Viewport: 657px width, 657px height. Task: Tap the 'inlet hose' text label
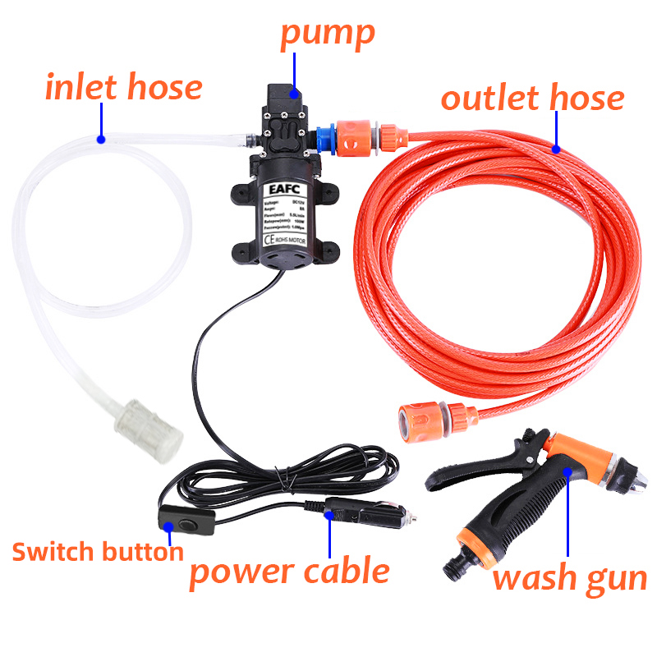[123, 87]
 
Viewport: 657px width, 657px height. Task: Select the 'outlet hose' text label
[532, 99]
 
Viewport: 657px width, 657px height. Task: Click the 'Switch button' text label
[97, 551]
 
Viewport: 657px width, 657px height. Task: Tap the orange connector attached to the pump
[356, 137]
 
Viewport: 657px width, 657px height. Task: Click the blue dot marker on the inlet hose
[101, 139]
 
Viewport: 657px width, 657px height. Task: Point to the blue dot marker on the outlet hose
[556, 149]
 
